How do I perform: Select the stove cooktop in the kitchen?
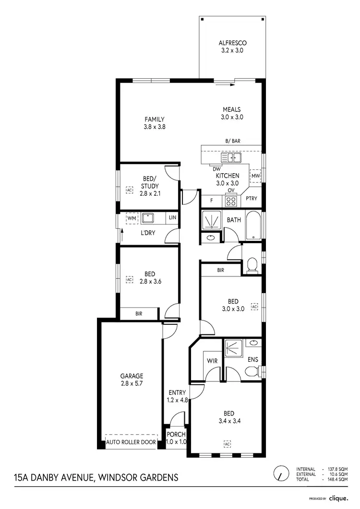(231, 201)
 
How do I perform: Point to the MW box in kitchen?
(255, 176)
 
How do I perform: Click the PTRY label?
(251, 198)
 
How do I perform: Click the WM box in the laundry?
(131, 218)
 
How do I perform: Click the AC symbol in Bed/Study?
(129, 190)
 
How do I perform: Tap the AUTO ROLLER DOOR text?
(131, 442)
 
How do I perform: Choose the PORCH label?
(176, 435)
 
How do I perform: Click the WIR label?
(212, 360)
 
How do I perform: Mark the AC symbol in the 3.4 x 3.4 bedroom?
(228, 443)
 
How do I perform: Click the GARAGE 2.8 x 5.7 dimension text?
(132, 384)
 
